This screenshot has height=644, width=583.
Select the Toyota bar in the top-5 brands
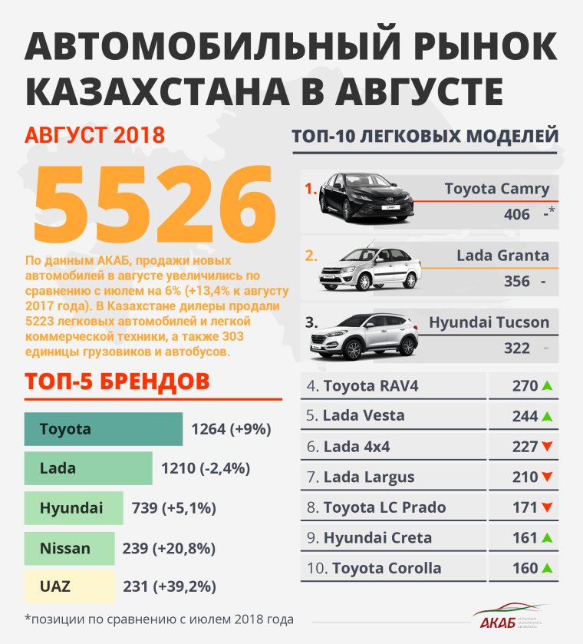coord(104,429)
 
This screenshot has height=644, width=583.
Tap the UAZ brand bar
coord(69,586)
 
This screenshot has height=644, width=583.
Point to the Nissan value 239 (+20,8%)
coord(169,549)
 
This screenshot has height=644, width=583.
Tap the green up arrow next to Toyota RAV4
coord(547,385)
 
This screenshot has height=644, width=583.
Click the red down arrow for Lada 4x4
coord(547,447)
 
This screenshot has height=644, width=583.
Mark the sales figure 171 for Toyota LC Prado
coord(525,507)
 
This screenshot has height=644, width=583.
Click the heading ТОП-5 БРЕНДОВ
coord(117,381)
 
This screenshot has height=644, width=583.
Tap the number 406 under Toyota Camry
coord(517,214)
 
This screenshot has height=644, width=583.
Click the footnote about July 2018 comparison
coord(159,619)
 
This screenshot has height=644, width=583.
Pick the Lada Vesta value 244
coord(525,416)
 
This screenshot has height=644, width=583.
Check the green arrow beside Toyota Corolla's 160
coord(547,569)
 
